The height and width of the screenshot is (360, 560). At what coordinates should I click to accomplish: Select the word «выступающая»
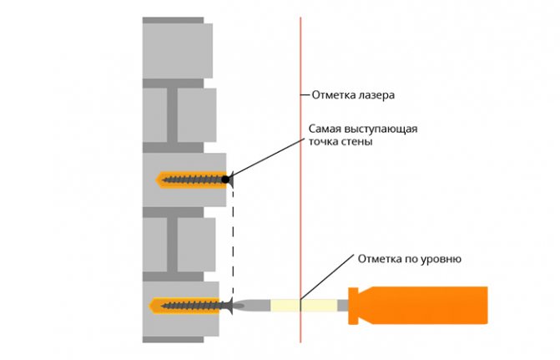coord(381,129)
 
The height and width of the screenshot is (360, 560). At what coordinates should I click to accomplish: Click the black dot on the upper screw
coord(225,180)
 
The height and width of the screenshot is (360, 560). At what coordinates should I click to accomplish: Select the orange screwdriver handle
coord(418,306)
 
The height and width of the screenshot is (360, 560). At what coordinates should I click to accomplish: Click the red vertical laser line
coord(300,180)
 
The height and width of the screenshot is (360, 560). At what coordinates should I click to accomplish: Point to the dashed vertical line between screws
coord(233,243)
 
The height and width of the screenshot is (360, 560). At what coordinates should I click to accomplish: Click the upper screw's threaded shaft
coord(193,180)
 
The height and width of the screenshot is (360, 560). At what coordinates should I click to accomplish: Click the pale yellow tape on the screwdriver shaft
coord(304,306)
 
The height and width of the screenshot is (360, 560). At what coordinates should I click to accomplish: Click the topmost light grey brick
coord(178,51)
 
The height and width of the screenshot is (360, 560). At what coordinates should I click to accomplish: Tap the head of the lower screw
coord(230,306)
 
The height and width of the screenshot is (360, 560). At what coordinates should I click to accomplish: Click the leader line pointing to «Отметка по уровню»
coord(327,277)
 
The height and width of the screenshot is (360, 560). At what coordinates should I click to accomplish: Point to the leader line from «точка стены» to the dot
coord(267,157)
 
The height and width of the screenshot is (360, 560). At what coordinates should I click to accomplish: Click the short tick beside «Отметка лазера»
coord(305,95)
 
